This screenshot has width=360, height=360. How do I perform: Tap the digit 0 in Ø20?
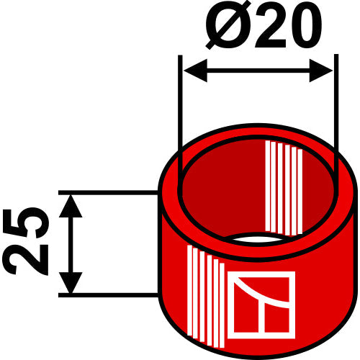pyautogui.click(x=305, y=27)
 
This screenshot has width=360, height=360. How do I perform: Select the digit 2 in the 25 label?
pyautogui.click(x=26, y=260)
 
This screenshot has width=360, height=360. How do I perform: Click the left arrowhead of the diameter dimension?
pyautogui.click(x=195, y=71)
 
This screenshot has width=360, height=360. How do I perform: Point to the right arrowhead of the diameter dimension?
pyautogui.click(x=321, y=71)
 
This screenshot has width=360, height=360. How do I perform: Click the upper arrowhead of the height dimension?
pyautogui.click(x=71, y=206)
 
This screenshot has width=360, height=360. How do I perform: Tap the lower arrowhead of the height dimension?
pyautogui.click(x=71, y=282)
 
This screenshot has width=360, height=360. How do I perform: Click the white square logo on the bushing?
pyautogui.click(x=261, y=305)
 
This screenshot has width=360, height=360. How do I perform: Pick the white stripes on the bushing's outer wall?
pyautogui.click(x=206, y=297)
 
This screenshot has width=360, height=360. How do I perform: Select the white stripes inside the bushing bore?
pyautogui.click(x=284, y=188)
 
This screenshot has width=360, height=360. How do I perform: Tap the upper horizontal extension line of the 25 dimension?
pyautogui.click(x=108, y=192)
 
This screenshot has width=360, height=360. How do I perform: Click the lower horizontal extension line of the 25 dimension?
pyautogui.click(x=108, y=295)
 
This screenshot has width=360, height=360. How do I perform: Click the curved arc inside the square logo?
pyautogui.click(x=261, y=294)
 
